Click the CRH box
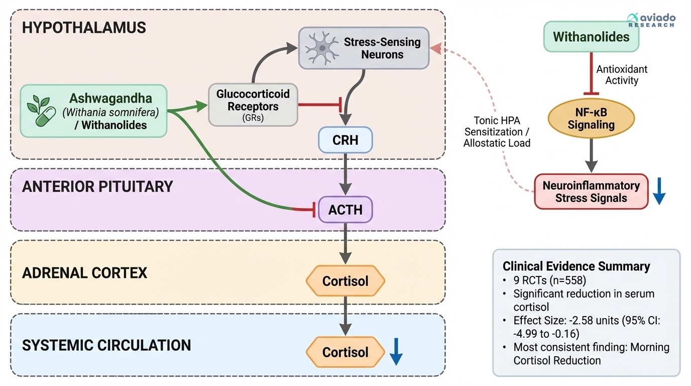click(x=345, y=140)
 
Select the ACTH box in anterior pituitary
click(x=345, y=209)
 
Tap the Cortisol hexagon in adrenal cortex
click(x=345, y=281)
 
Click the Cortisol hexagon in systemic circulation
click(x=345, y=352)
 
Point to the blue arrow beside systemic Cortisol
click(x=396, y=351)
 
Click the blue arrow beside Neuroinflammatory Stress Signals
click(x=659, y=191)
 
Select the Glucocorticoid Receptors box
click(x=253, y=105)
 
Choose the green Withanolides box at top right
click(x=591, y=37)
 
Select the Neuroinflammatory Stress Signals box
click(x=591, y=191)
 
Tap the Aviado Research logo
click(x=651, y=20)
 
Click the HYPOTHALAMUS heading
click(x=84, y=27)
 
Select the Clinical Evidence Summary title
click(x=576, y=266)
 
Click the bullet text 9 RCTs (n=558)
click(x=548, y=280)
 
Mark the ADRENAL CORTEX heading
click(x=84, y=273)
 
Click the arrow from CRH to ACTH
click(x=345, y=174)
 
